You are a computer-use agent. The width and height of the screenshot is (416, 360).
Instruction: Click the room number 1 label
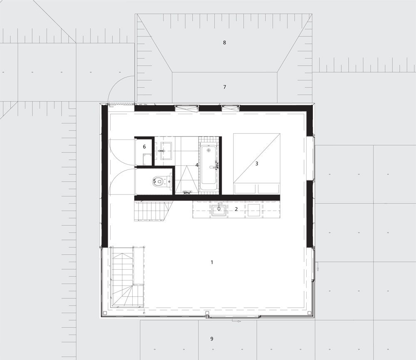pyautogui.click(x=212, y=262)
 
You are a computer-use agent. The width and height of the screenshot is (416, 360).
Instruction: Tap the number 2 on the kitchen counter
pyautogui.click(x=236, y=209)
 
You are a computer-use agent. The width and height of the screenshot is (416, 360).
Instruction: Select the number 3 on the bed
pyautogui.click(x=257, y=164)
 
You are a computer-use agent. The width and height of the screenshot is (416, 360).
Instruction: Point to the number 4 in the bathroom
pyautogui.click(x=197, y=165)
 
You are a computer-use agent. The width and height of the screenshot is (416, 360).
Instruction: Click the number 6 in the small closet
pyautogui.click(x=144, y=146)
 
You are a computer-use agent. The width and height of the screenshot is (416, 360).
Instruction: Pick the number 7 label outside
pyautogui.click(x=225, y=87)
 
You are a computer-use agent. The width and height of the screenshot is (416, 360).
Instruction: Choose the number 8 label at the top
pyautogui.click(x=225, y=42)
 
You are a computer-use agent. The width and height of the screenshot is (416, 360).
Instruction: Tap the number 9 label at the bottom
pyautogui.click(x=212, y=339)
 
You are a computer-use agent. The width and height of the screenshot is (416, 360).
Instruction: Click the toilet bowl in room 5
pyautogui.click(x=158, y=181)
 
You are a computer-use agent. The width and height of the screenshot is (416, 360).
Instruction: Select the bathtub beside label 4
pyautogui.click(x=209, y=168)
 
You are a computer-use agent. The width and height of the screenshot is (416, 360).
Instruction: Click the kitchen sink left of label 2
pyautogui.click(x=219, y=211)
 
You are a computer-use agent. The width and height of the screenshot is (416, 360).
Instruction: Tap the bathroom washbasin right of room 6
pyautogui.click(x=166, y=151)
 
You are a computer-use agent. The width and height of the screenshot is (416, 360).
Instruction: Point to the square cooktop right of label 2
pyautogui.click(x=254, y=210)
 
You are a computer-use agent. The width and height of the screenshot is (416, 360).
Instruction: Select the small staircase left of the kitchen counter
pyautogui.click(x=152, y=211)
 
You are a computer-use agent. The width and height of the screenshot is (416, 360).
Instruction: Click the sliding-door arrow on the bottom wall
pyautogui.click(x=237, y=322)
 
